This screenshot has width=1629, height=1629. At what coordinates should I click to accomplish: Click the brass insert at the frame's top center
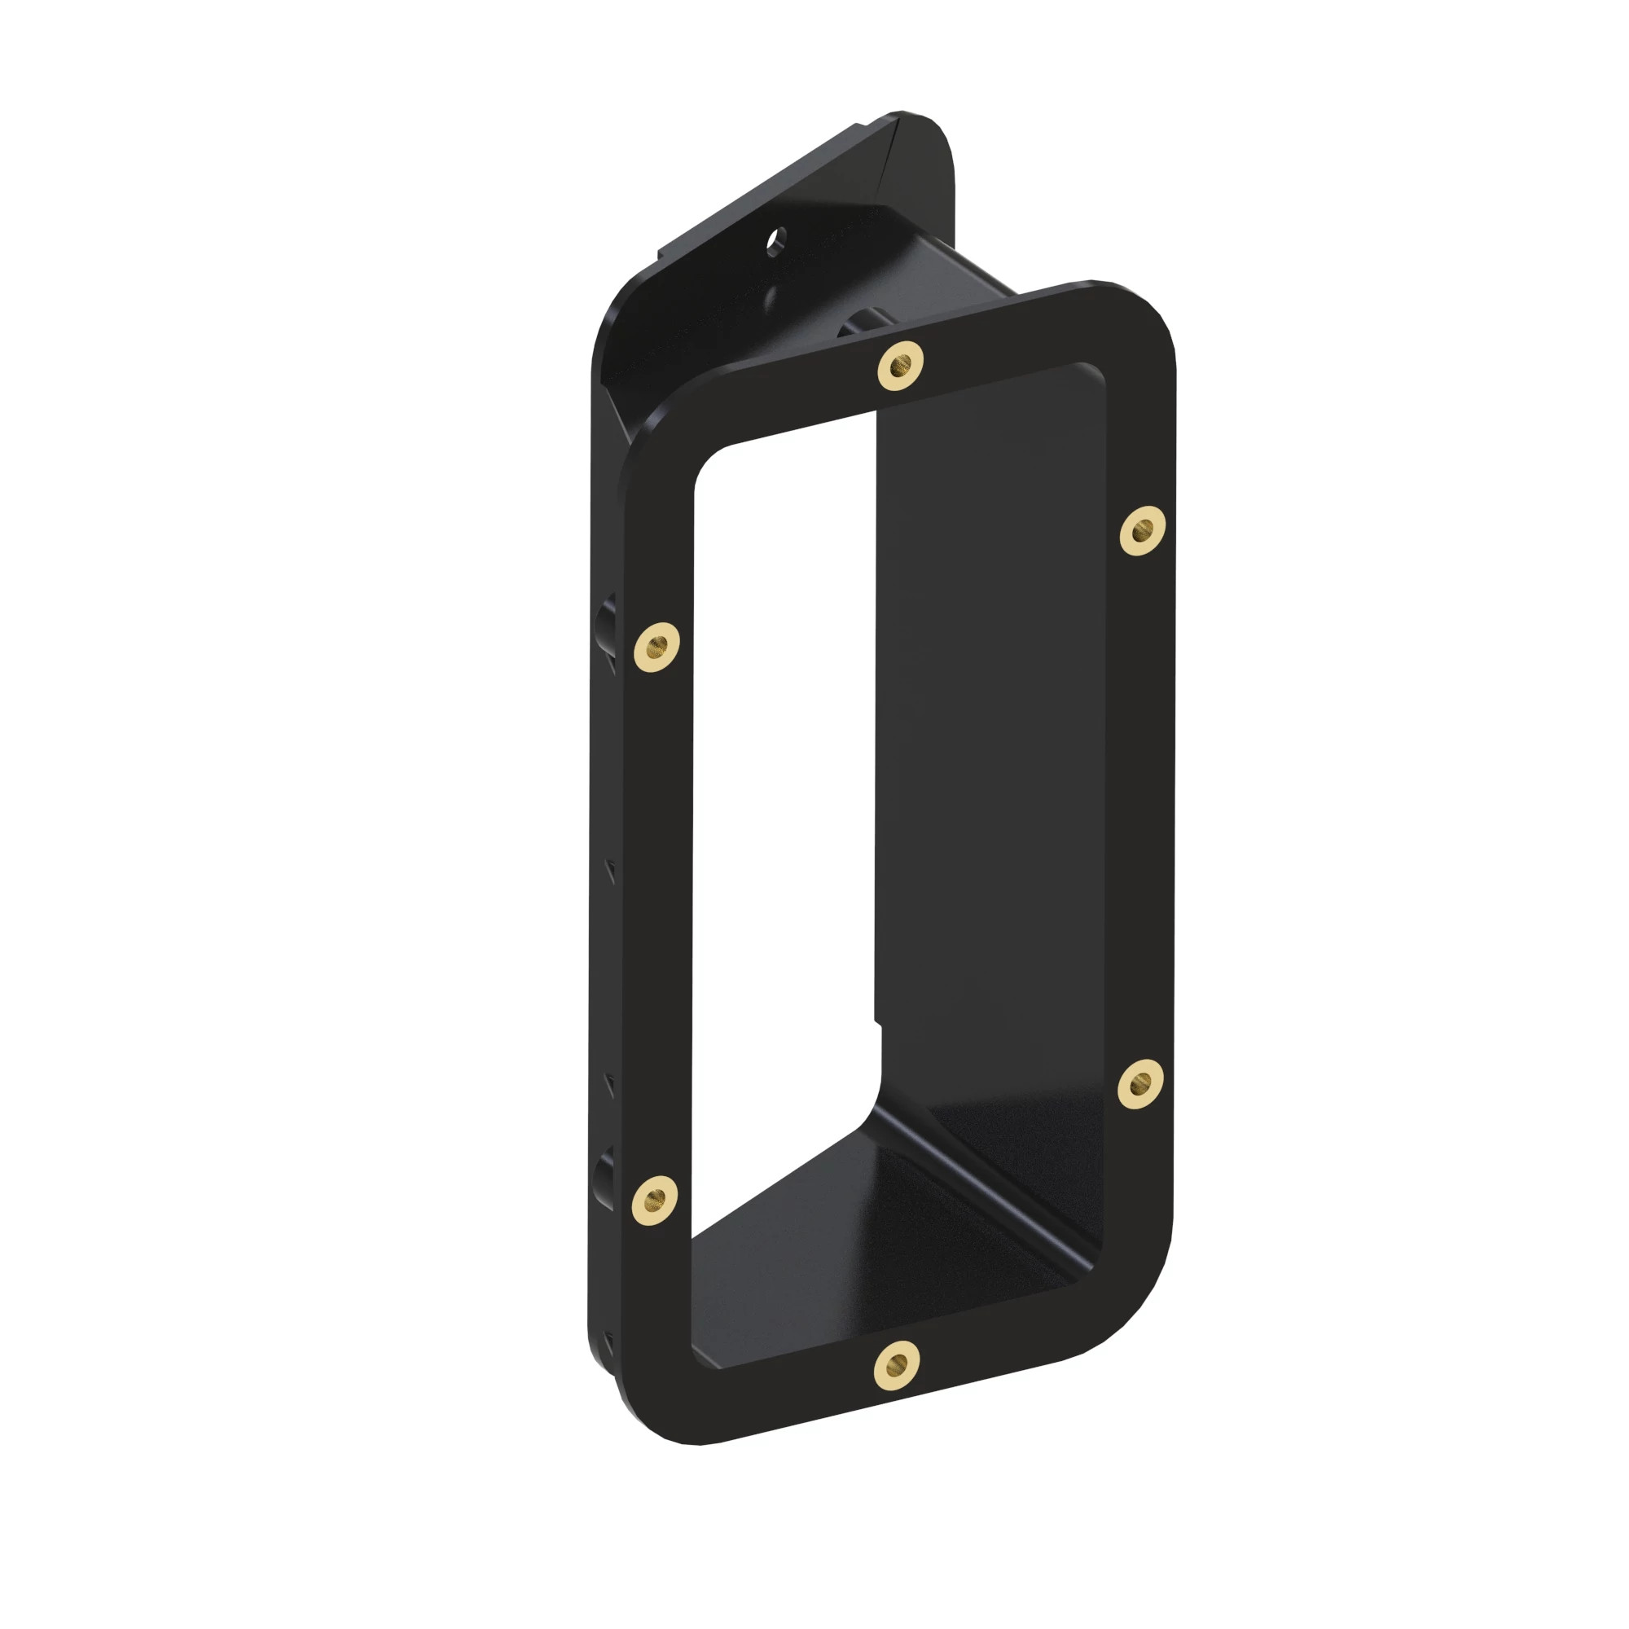[x=901, y=366]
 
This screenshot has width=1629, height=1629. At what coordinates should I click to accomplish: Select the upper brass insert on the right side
[x=1143, y=530]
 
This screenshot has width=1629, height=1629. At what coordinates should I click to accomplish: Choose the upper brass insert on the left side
[x=656, y=648]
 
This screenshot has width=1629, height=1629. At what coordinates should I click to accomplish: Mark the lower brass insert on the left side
[x=654, y=1198]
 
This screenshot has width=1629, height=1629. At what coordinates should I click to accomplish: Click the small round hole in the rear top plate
[x=775, y=239]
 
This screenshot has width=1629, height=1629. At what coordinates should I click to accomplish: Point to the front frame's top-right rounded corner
[x=1147, y=312]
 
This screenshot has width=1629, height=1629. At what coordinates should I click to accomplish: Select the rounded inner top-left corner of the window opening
[x=709, y=463]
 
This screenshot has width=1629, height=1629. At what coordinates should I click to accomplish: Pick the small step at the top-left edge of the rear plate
[x=663, y=250]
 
